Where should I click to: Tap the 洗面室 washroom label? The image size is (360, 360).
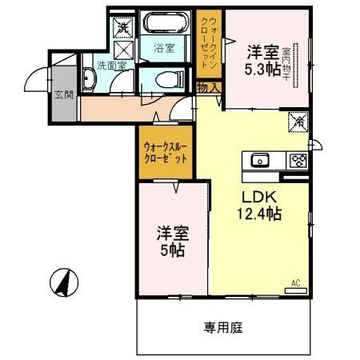click(x=110, y=66)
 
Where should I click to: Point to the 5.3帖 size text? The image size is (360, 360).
click(x=262, y=70)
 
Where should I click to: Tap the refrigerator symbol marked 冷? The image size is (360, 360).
click(x=298, y=122)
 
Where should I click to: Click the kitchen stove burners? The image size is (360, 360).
click(x=297, y=160)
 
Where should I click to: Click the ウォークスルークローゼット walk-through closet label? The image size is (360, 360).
click(x=166, y=152)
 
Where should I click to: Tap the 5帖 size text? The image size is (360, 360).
click(x=170, y=250)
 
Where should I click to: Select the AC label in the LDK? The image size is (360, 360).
click(x=295, y=282)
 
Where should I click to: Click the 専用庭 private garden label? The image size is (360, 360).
click(x=222, y=326)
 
